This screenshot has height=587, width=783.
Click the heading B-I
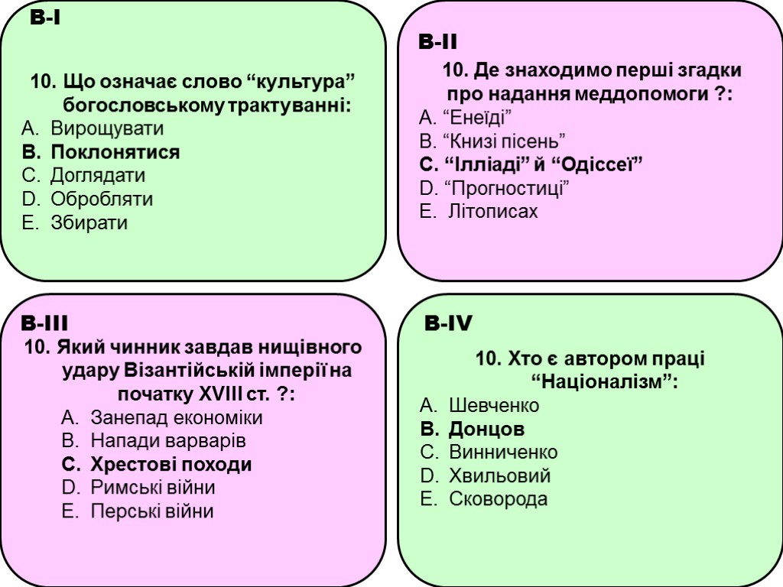tap(46, 18)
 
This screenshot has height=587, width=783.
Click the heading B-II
tap(437, 42)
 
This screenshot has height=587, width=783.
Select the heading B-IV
tap(448, 325)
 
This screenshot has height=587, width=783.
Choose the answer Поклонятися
tap(115, 152)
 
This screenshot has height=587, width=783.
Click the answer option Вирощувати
tap(107, 128)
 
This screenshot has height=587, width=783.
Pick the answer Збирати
tap(89, 222)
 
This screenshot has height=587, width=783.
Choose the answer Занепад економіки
tap(176, 418)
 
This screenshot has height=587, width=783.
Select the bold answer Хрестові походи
tap(171, 465)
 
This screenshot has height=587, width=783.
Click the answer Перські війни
tap(151, 511)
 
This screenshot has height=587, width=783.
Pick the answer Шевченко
tap(494, 405)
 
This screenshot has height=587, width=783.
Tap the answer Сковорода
tap(498, 499)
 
